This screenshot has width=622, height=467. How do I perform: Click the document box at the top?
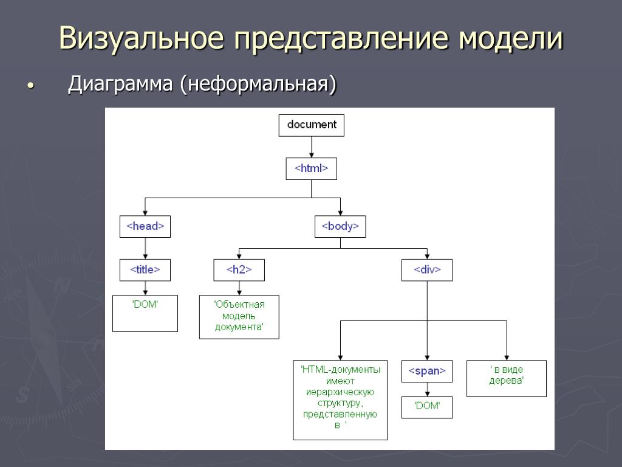tap(311, 125)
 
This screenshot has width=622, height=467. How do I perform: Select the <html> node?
tap(311, 169)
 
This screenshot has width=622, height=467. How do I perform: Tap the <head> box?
tap(145, 226)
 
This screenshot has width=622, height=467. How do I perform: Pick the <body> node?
tap(340, 226)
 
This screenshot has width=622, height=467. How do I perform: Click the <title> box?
tap(145, 269)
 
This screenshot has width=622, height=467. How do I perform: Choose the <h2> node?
tap(239, 269)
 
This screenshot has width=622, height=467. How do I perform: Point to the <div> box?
tap(427, 269)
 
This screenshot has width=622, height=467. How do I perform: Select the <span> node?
tap(427, 371)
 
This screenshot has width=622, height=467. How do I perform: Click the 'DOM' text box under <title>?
tap(145, 313)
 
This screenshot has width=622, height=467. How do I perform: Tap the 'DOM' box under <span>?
tap(427, 407)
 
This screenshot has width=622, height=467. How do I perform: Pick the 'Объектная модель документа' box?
tap(239, 316)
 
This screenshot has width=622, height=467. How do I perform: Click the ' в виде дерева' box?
tap(506, 378)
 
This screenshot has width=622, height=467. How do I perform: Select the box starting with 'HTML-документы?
tap(340, 400)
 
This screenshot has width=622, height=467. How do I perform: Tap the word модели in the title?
tap(510, 38)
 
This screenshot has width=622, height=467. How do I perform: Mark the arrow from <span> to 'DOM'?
tap(427, 389)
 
